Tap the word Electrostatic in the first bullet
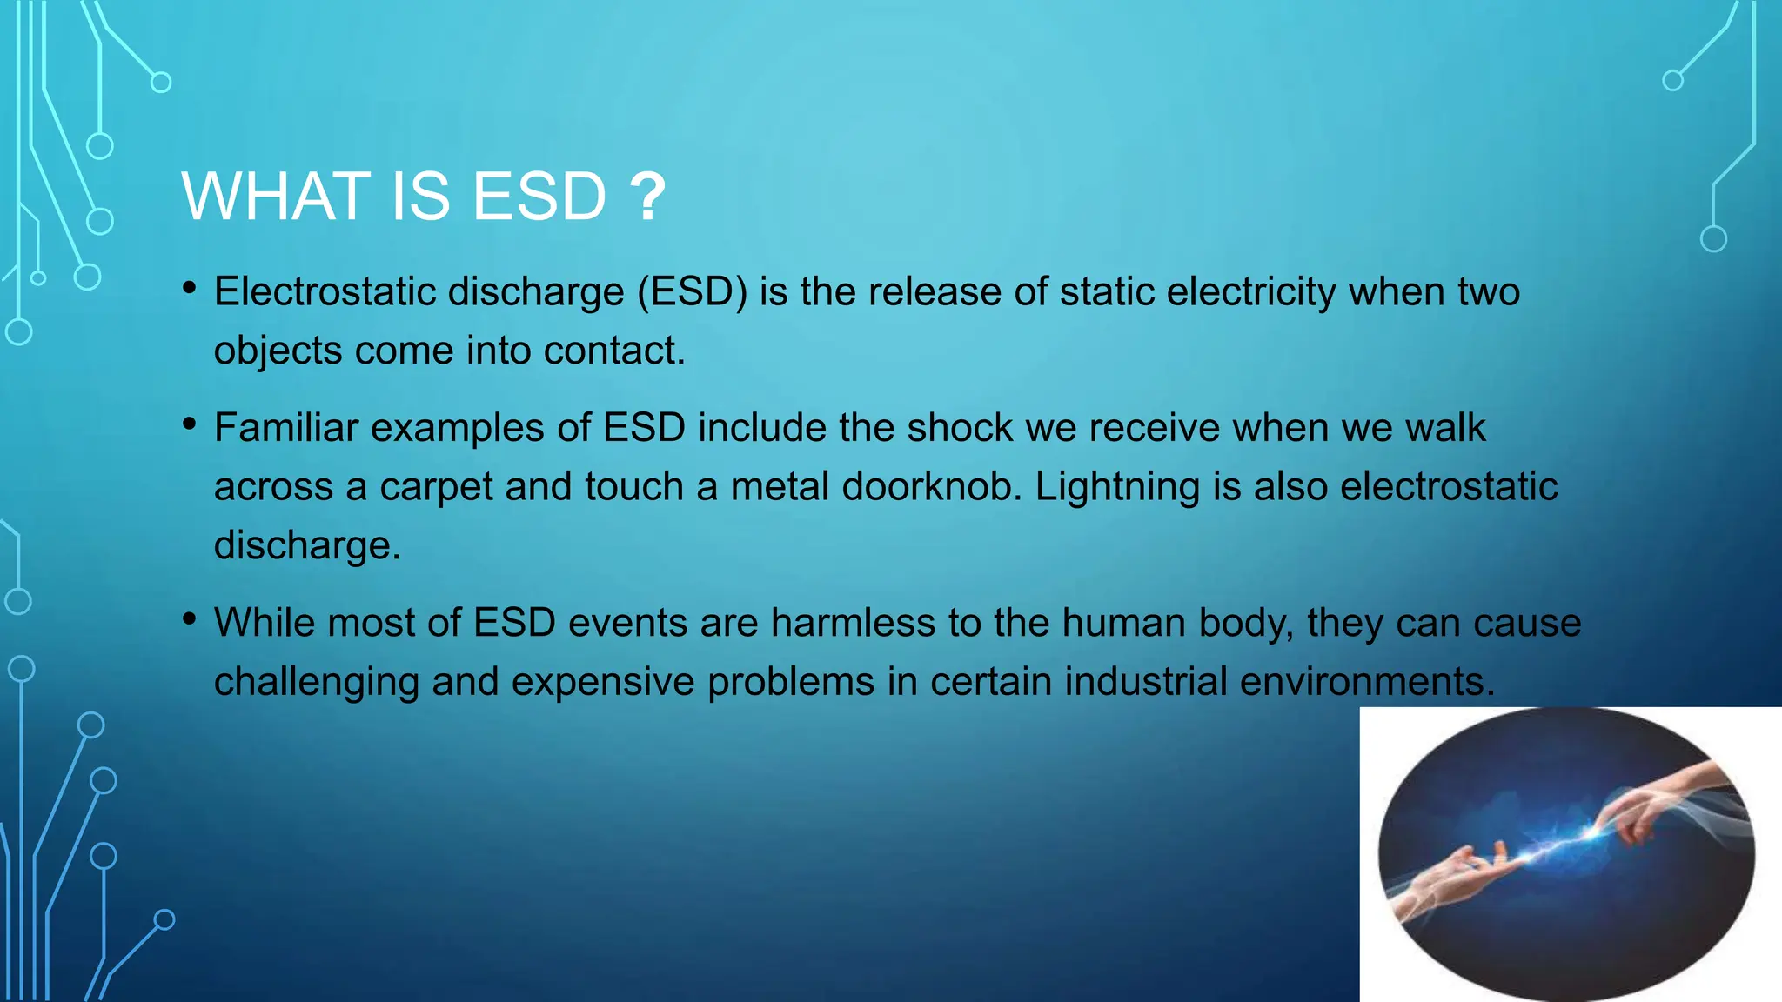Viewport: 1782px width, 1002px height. (x=324, y=291)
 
